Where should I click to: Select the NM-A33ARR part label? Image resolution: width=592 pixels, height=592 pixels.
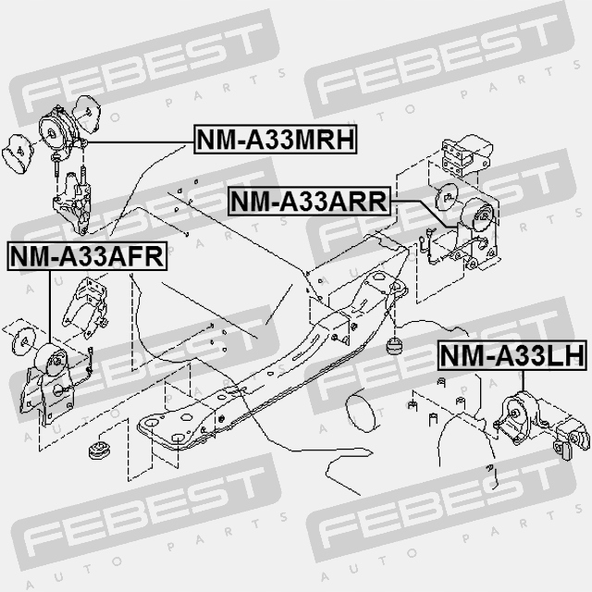308,200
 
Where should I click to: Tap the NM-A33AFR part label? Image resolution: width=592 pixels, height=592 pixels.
86,254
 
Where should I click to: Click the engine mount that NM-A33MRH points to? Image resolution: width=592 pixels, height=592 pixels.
60,129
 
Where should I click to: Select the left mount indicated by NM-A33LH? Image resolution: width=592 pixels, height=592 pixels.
520,413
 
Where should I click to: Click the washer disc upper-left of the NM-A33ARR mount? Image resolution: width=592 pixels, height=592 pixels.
443,196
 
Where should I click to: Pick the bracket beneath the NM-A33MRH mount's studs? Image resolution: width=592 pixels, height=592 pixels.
73,209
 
